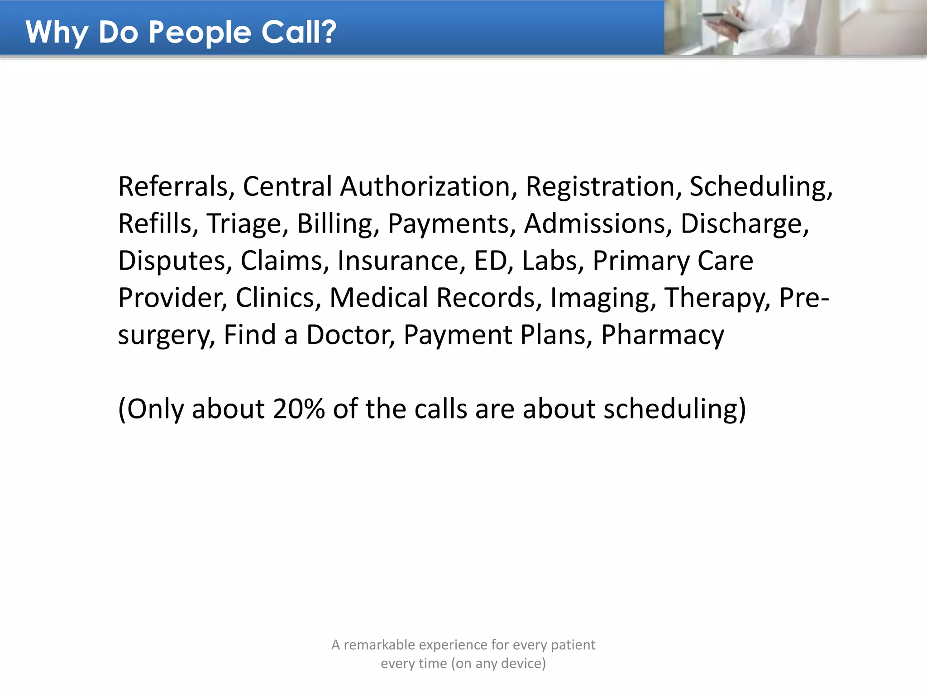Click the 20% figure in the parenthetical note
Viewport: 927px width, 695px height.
(x=299, y=409)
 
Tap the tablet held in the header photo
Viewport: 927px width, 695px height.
(x=720, y=20)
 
